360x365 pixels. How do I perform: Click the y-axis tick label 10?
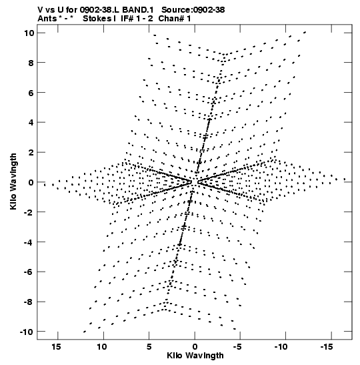(29, 33)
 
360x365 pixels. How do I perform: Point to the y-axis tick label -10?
(27, 332)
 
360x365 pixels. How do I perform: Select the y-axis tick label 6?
(31, 93)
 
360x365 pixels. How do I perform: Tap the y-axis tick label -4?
(29, 242)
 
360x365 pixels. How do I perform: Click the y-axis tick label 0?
(31, 182)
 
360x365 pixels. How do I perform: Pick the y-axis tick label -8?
(29, 302)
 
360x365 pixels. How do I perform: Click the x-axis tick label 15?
(57, 347)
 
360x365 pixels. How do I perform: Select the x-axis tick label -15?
(327, 347)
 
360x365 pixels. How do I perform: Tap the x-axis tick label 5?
(149, 347)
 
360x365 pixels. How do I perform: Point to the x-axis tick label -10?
(281, 347)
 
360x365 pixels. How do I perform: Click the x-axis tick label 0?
(195, 347)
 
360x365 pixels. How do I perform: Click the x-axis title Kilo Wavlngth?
(195, 356)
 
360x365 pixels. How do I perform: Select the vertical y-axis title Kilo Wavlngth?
(13, 181)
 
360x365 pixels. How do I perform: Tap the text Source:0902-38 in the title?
(193, 10)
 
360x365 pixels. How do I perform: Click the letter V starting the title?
(40, 10)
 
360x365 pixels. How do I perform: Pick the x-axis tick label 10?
(102, 347)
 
